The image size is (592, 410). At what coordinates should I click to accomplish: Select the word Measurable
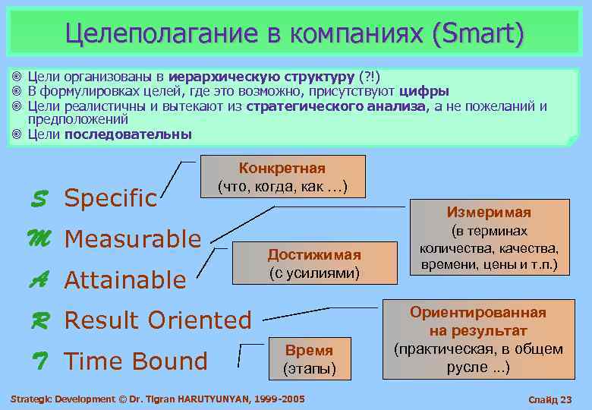coord(133,240)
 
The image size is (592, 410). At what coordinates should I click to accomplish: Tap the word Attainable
coord(125,281)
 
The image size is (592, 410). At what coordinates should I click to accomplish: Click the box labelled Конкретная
coord(282,177)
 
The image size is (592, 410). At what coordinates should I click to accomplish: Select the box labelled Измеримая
coord(489,238)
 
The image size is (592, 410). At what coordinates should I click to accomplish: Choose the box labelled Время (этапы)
coord(309,359)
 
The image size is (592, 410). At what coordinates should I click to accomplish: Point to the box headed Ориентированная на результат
coord(478,340)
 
